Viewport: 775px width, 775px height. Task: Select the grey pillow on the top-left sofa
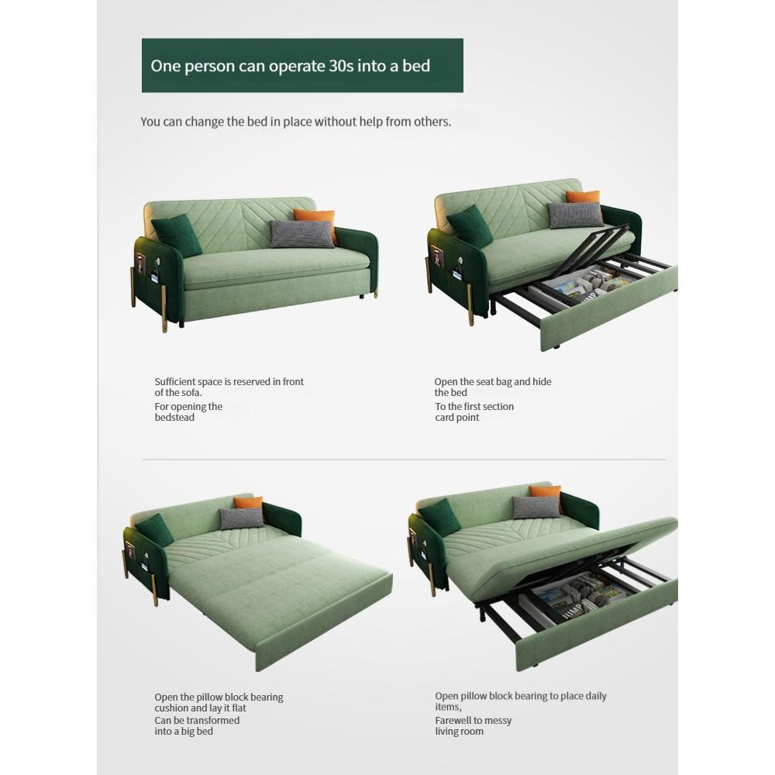point(301,234)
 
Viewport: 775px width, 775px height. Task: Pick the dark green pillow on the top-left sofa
point(177,236)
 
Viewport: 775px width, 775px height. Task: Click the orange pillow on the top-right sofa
point(585,200)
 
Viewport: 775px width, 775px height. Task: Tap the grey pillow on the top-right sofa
point(575,215)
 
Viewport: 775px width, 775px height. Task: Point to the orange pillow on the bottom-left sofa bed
point(250,505)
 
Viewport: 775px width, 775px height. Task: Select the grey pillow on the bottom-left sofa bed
point(242,518)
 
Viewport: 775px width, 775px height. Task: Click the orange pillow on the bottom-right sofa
point(546,495)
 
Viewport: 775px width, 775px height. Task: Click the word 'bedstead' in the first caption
point(174,418)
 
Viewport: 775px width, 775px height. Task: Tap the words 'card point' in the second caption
point(457,418)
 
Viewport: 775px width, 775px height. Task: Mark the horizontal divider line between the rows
point(403,460)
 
